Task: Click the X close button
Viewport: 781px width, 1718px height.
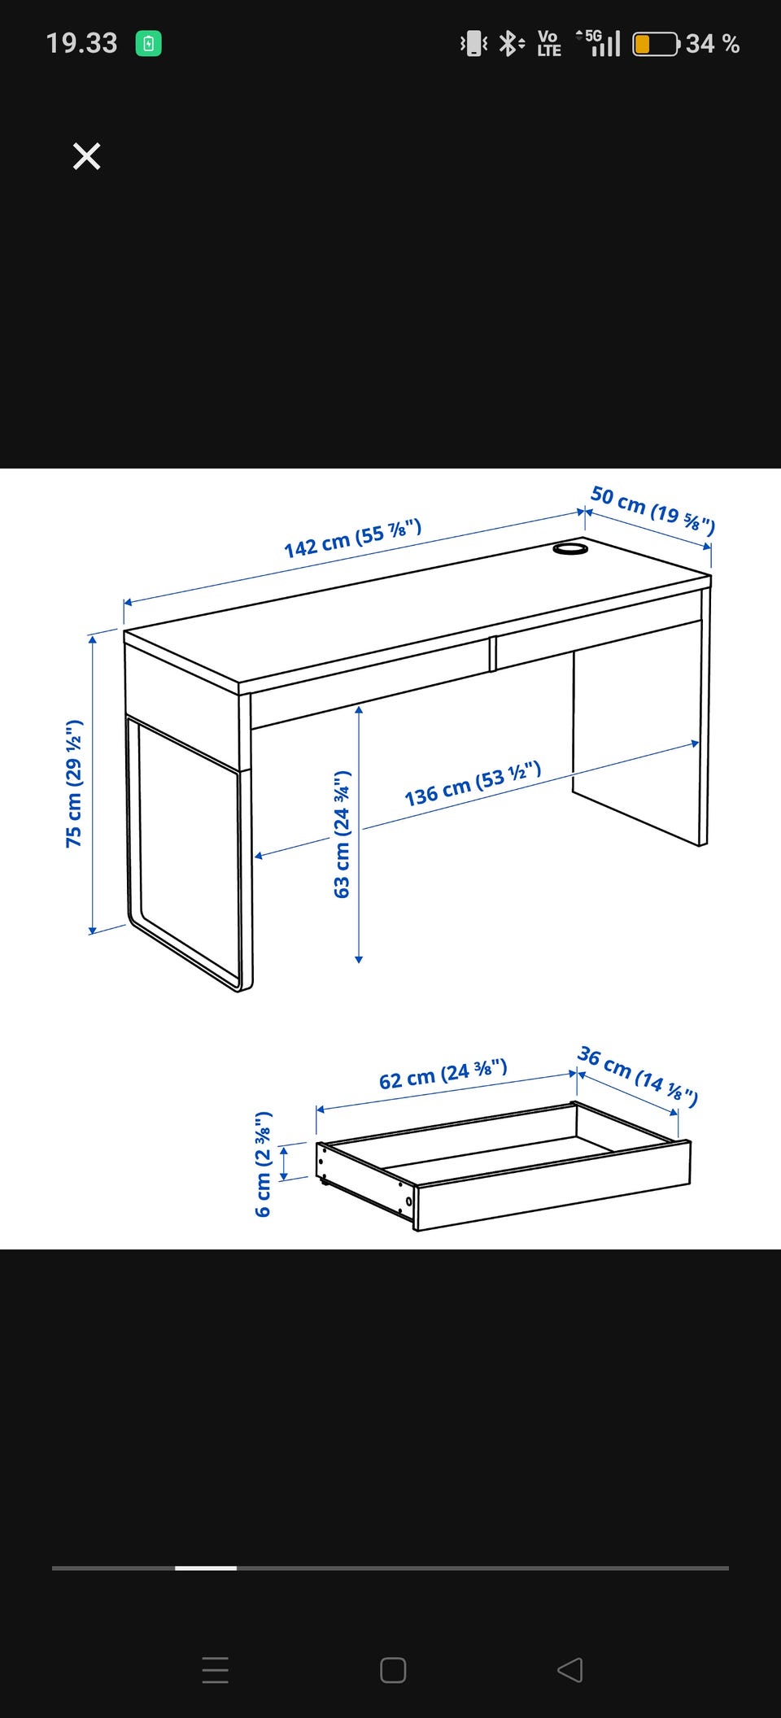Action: click(x=86, y=156)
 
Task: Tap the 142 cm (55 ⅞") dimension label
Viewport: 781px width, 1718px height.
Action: click(x=352, y=539)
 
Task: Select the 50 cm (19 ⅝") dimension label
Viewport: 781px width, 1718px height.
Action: click(x=652, y=510)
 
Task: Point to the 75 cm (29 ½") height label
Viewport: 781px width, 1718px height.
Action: click(x=74, y=783)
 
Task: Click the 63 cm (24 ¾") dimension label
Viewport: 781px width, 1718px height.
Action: click(x=342, y=834)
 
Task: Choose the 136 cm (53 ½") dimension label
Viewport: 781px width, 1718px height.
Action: click(x=473, y=783)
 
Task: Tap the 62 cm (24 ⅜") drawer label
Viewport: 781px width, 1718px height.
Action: click(x=443, y=1074)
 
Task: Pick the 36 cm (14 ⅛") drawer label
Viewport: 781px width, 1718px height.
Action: click(x=638, y=1076)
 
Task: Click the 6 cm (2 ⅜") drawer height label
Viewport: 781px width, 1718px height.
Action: click(x=263, y=1163)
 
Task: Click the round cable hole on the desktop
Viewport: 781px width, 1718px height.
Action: click(x=570, y=549)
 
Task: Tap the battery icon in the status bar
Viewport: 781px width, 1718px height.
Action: click(x=656, y=44)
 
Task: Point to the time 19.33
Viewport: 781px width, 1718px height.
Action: click(x=81, y=43)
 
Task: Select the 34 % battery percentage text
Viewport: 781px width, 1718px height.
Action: click(x=713, y=44)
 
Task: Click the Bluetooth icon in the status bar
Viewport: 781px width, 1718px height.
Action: click(x=510, y=43)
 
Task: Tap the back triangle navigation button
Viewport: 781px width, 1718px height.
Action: click(x=569, y=1670)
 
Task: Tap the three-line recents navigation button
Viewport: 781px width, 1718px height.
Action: click(x=216, y=1670)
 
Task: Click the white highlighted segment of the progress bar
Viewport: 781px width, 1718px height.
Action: click(x=206, y=1568)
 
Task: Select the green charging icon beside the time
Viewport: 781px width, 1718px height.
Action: click(x=148, y=43)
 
